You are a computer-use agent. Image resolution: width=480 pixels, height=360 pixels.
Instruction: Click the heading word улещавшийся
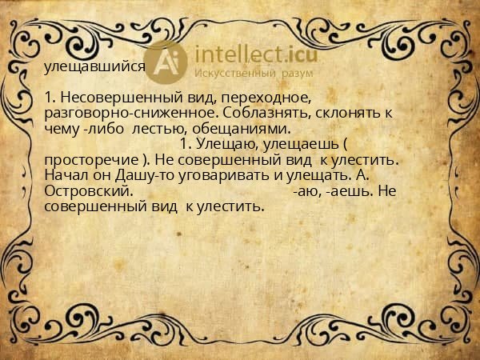pos(94,67)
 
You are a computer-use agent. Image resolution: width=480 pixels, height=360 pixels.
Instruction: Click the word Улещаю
pos(226,144)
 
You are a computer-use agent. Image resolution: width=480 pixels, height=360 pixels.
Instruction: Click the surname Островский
pos(88,191)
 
